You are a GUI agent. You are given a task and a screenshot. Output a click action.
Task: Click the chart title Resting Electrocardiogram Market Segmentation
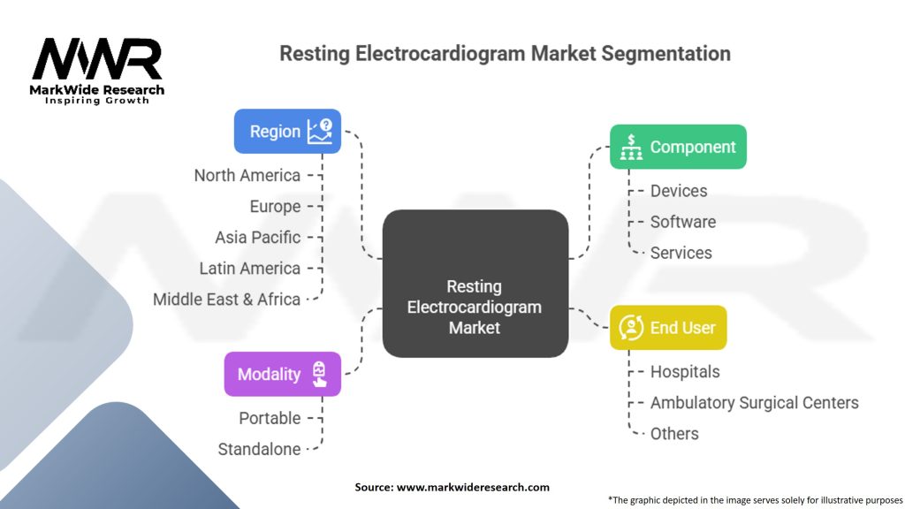(505, 53)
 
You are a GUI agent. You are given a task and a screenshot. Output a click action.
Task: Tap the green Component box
(678, 147)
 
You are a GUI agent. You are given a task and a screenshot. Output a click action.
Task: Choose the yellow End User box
(668, 328)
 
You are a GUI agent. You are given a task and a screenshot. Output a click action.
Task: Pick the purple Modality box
(282, 374)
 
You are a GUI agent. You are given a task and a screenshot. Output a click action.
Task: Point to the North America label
(247, 175)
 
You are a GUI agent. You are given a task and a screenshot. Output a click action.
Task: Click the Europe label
(275, 206)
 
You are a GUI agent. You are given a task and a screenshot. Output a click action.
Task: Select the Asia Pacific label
(257, 237)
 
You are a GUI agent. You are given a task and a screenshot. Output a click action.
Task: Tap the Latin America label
(250, 268)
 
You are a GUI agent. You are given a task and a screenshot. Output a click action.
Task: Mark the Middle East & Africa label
(226, 299)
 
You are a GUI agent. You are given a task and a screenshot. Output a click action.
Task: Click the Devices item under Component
(679, 191)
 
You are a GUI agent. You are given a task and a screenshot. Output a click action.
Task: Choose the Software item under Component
(683, 222)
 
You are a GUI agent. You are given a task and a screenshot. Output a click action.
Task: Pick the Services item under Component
(681, 253)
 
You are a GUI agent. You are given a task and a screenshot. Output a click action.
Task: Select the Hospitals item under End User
(685, 372)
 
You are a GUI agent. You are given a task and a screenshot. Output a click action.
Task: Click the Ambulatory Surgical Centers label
(754, 403)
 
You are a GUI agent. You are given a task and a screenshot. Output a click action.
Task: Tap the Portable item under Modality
(270, 418)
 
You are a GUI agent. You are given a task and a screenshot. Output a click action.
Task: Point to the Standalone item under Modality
(259, 449)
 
